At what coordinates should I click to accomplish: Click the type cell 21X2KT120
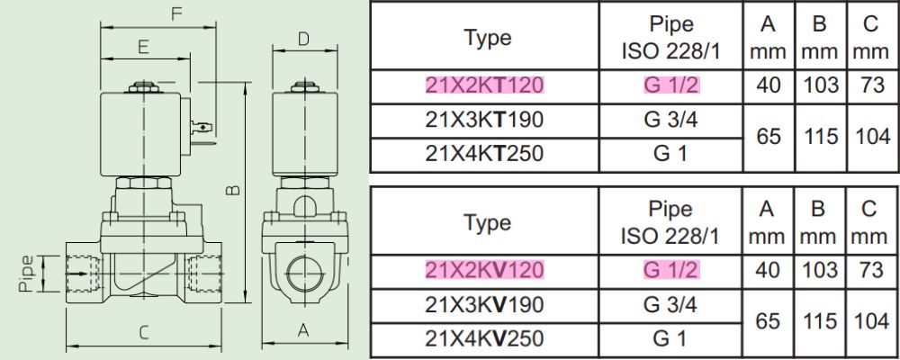pos(484,85)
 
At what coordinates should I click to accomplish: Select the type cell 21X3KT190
pos(484,120)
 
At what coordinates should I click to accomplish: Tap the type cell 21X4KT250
pos(484,154)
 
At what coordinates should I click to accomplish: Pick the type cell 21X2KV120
pos(484,269)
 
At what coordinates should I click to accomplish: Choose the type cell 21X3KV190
pos(484,304)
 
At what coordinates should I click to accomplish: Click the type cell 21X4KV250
pos(484,338)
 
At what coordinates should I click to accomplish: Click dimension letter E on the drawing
pos(143,47)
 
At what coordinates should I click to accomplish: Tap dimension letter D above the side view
pos(304,39)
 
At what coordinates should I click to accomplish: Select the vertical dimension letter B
pos(232,190)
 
